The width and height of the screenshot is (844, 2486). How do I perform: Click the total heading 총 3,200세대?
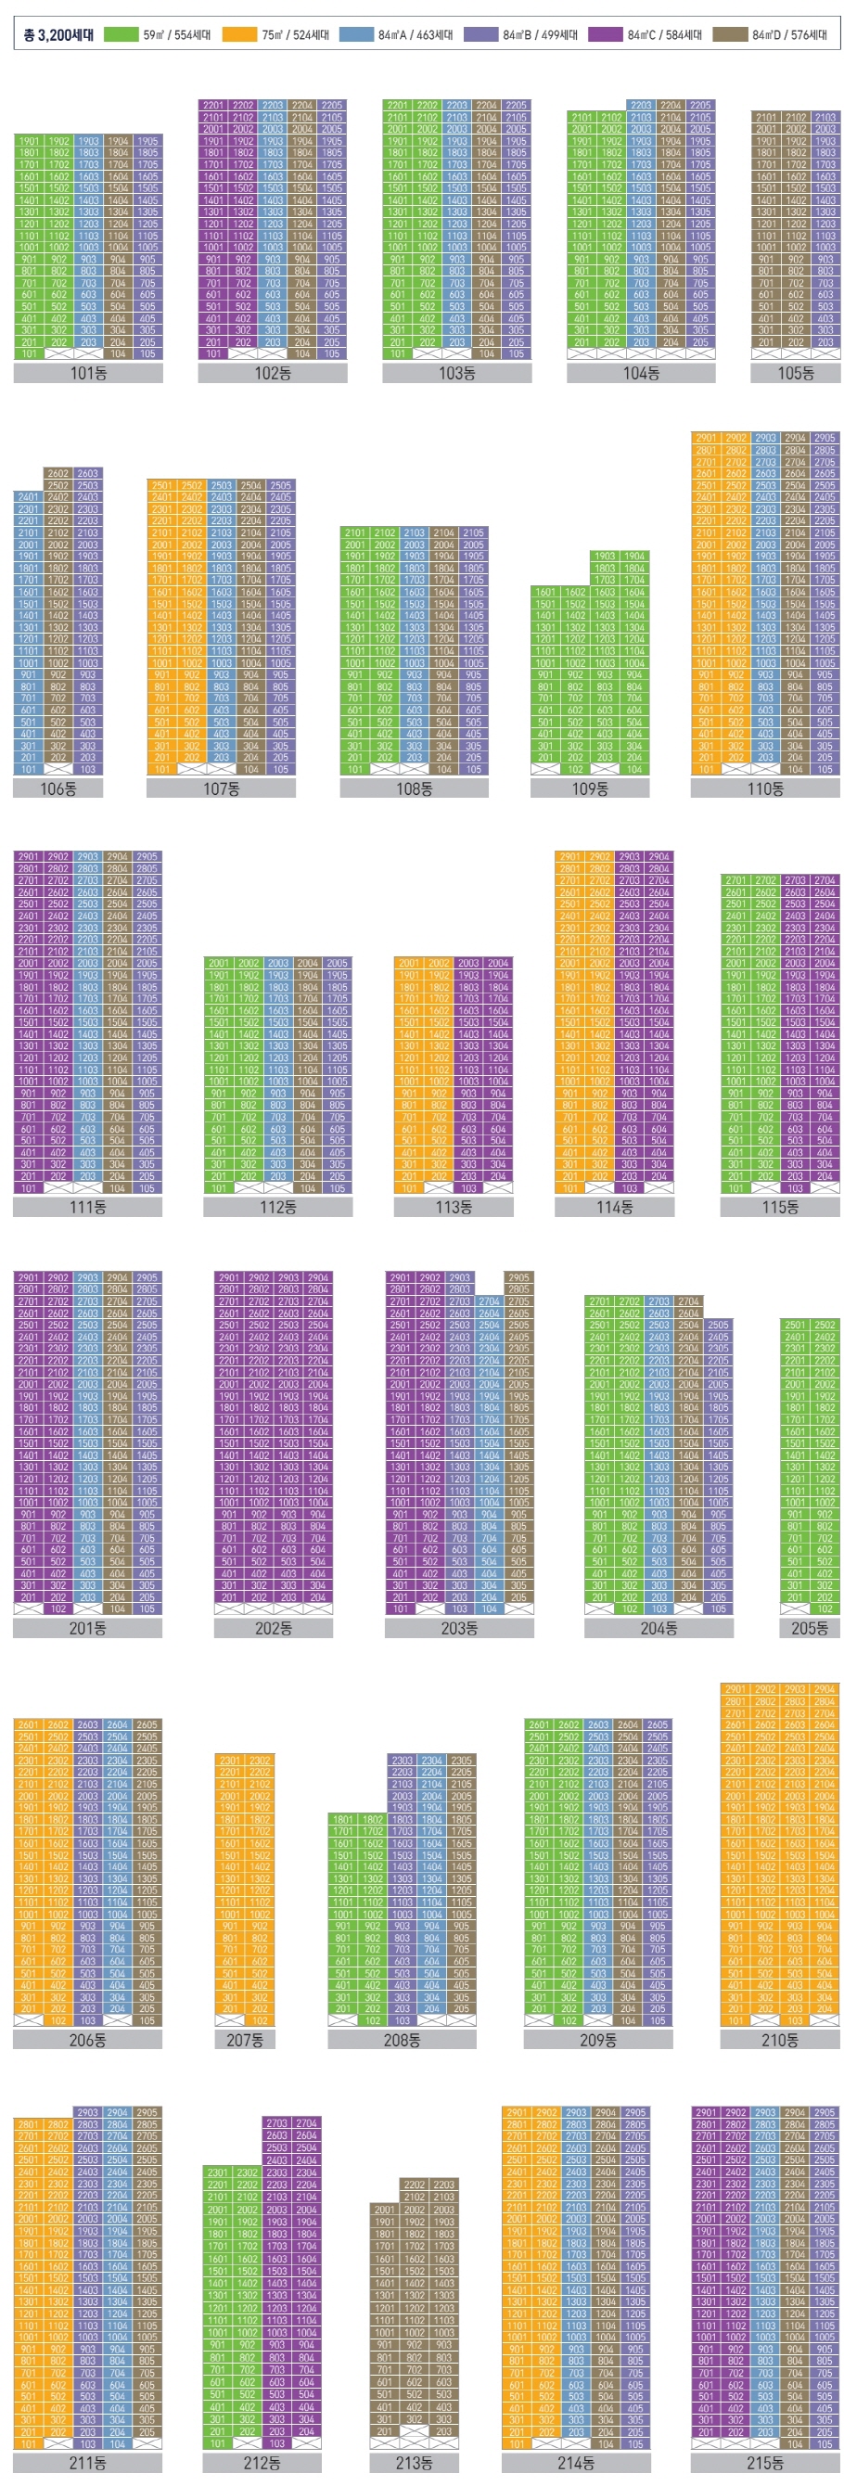click(x=58, y=34)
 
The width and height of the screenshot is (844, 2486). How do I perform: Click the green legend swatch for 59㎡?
click(x=121, y=34)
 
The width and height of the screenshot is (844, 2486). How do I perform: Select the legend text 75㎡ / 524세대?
click(x=295, y=34)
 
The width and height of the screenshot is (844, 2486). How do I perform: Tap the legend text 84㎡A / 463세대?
click(x=416, y=34)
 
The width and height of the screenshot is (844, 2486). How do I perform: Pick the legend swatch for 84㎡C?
click(x=605, y=34)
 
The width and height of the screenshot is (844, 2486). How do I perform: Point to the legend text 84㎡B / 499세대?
click(x=540, y=34)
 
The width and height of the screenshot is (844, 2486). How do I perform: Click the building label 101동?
click(x=88, y=373)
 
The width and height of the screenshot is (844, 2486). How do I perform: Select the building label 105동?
click(x=795, y=373)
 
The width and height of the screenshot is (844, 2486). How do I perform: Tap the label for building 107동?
click(x=221, y=788)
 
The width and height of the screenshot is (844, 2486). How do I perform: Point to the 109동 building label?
click(x=589, y=788)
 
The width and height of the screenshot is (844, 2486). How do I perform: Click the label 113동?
click(x=454, y=1206)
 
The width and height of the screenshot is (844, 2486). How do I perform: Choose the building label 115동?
click(x=779, y=1206)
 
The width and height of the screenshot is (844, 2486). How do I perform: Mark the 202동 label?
click(x=273, y=1628)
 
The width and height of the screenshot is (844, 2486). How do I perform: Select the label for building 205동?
click(x=810, y=1628)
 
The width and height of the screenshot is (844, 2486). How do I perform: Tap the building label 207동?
click(x=244, y=2040)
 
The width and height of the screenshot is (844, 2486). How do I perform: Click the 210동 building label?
click(x=779, y=2040)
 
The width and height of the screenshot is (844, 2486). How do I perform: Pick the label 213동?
click(x=414, y=2462)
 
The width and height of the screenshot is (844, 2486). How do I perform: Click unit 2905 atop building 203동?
click(x=518, y=1276)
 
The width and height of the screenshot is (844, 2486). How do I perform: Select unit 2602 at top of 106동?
click(x=58, y=474)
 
